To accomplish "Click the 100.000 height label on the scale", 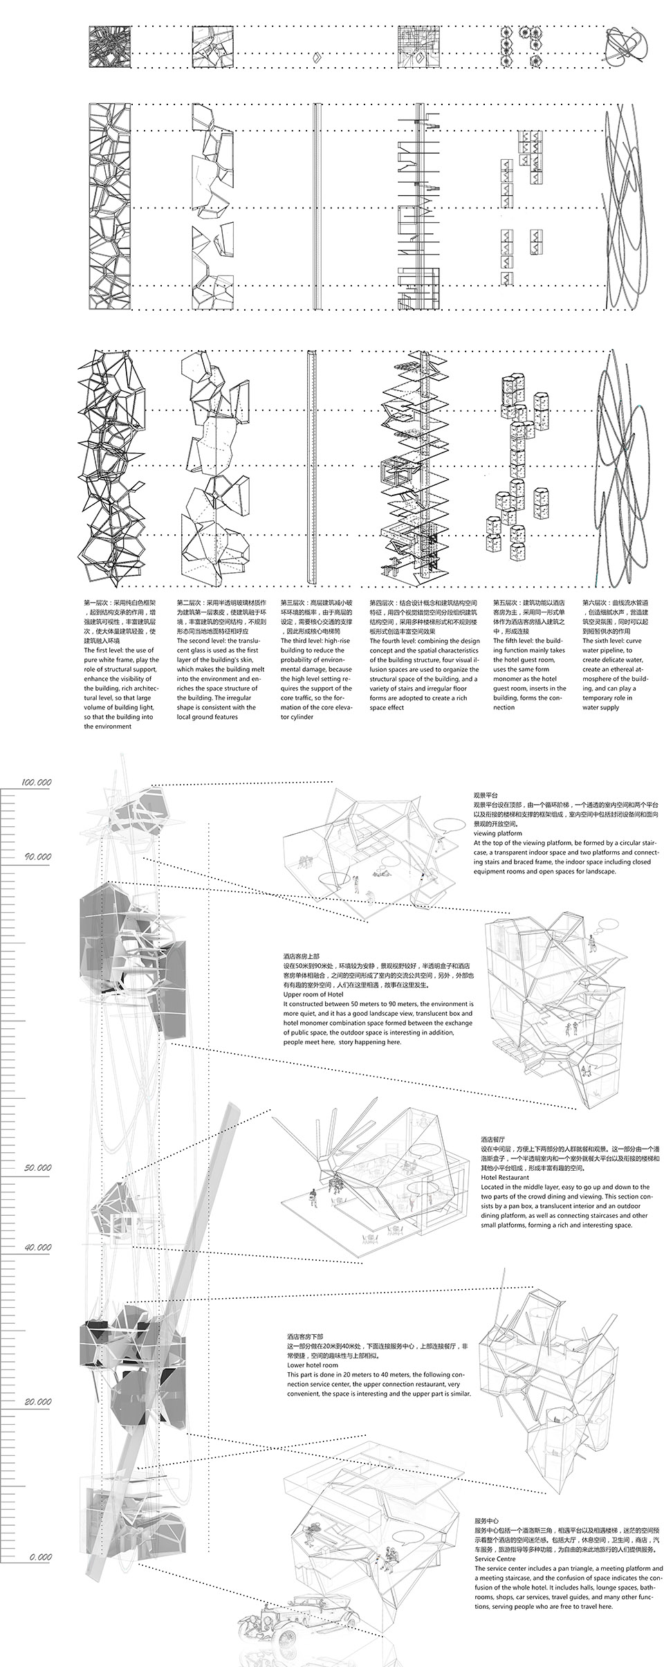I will (x=37, y=782).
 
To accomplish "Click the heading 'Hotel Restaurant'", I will (x=505, y=1176).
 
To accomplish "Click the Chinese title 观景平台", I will (x=486, y=796).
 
